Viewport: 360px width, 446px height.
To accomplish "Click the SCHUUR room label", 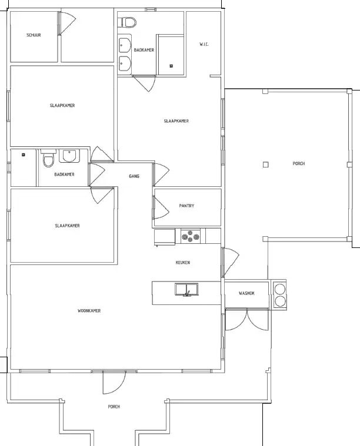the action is (x=34, y=35).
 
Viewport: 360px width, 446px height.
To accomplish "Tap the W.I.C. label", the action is (x=204, y=44).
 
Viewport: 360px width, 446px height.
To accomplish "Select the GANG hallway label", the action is (x=134, y=176).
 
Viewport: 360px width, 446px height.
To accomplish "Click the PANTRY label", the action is (x=186, y=206).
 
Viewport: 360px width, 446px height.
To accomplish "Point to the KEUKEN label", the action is (x=183, y=262).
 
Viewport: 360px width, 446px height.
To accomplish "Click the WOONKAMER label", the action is (x=89, y=311).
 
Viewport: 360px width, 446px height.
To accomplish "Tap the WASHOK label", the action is (x=246, y=293).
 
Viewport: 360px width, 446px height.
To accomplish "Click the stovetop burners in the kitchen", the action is (x=191, y=236).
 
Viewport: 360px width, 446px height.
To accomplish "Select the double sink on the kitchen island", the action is (x=186, y=290).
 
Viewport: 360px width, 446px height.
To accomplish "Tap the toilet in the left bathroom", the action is (x=48, y=158).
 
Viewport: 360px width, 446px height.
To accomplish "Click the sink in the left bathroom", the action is (x=69, y=156).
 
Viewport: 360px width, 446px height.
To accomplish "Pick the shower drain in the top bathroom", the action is (x=171, y=66).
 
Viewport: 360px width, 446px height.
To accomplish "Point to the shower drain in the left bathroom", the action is (x=24, y=155).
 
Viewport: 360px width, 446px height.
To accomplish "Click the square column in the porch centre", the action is (x=265, y=165).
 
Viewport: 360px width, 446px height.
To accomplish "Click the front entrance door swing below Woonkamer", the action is (x=114, y=383).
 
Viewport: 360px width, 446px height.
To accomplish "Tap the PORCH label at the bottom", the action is (x=114, y=407).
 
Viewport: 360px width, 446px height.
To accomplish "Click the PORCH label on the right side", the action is (x=299, y=163).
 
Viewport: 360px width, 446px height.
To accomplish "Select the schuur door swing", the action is (x=67, y=24).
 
